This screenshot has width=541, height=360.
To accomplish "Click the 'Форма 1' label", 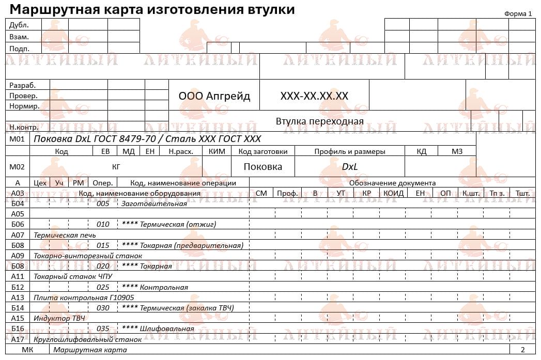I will click(x=518, y=14).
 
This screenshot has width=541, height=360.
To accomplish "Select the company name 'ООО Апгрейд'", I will click(x=214, y=96).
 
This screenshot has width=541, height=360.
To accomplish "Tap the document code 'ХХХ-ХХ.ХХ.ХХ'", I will click(x=314, y=96).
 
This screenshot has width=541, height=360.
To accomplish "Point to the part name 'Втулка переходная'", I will click(x=319, y=121).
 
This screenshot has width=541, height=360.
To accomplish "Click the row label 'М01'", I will click(x=17, y=139).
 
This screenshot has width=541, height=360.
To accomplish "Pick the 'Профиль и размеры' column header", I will click(x=350, y=151).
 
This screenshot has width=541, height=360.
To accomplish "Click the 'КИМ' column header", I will click(x=217, y=151).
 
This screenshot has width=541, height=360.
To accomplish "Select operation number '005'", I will click(x=103, y=204).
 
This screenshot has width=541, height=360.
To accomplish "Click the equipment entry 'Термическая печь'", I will click(x=65, y=234).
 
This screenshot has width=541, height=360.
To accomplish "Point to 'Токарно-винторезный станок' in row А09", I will click(x=87, y=256).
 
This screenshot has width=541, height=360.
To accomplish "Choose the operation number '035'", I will click(x=103, y=328).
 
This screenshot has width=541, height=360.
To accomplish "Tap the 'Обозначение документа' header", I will click(x=392, y=183).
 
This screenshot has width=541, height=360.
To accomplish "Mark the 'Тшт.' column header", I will click(x=522, y=193).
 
